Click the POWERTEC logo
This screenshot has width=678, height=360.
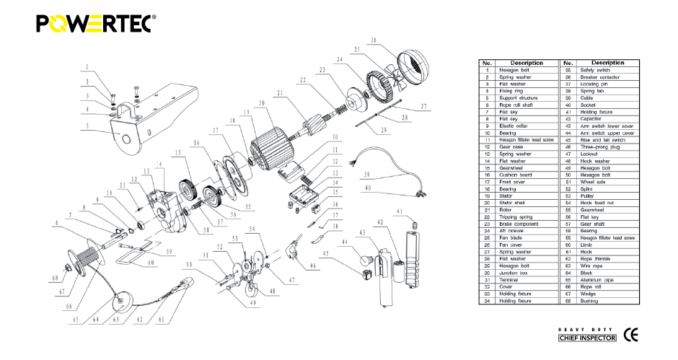tap(94, 24)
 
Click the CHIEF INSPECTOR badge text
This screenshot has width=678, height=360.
tap(588, 338)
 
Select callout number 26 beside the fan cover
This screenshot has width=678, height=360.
tap(374, 40)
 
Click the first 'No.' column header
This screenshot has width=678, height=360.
tap(487, 63)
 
